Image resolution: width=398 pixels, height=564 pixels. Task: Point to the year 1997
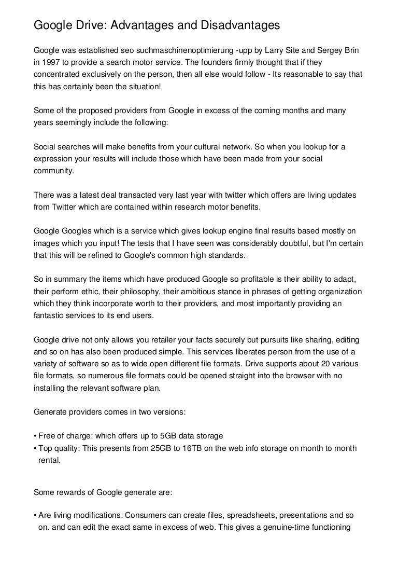coord(50,63)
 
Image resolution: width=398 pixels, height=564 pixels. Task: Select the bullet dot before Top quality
coord(34,447)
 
